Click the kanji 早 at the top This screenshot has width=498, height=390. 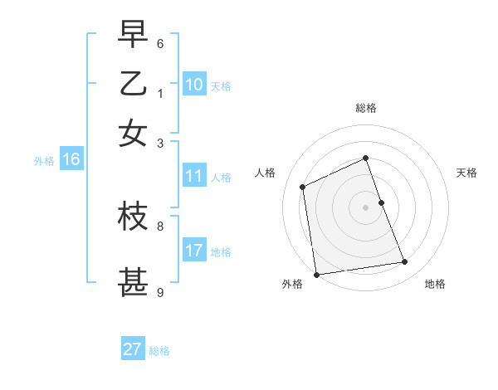click(x=133, y=35)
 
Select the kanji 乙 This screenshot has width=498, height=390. click(x=133, y=84)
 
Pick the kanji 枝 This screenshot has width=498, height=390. click(x=133, y=217)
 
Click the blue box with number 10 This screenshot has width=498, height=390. click(x=193, y=85)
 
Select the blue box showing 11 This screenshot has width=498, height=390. click(x=193, y=176)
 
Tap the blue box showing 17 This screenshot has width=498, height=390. click(x=193, y=251)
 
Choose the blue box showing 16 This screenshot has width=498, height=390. click(x=71, y=160)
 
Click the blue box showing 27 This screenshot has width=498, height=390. click(x=132, y=349)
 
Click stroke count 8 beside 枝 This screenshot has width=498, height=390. click(x=160, y=225)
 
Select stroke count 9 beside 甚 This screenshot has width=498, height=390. click(x=160, y=291)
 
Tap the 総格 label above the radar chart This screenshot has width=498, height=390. click(x=365, y=108)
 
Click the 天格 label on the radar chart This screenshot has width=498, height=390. click(x=466, y=173)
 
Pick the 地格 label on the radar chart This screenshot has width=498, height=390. click(x=435, y=285)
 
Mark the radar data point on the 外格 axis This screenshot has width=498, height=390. click(x=316, y=274)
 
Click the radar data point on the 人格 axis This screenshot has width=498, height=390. click(x=303, y=187)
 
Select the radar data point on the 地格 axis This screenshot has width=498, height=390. click(x=405, y=262)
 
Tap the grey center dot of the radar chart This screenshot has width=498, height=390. click(x=365, y=207)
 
